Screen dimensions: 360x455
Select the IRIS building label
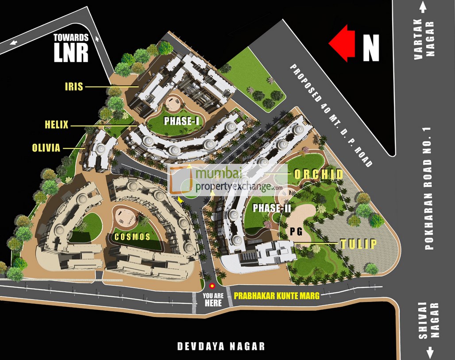[74, 86]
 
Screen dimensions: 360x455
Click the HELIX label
[57, 125]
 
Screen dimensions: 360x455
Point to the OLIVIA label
[46, 148]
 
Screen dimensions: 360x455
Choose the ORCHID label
[319, 174]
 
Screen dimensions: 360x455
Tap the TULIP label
[358, 244]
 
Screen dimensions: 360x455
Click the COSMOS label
[133, 237]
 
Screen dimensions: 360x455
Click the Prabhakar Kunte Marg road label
[277, 294]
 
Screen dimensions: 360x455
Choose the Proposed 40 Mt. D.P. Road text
[331, 116]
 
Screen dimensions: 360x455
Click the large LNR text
[71, 53]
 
